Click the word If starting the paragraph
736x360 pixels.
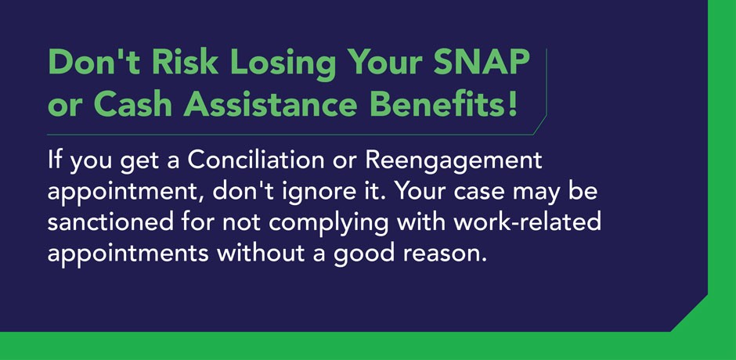pos(54,162)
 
